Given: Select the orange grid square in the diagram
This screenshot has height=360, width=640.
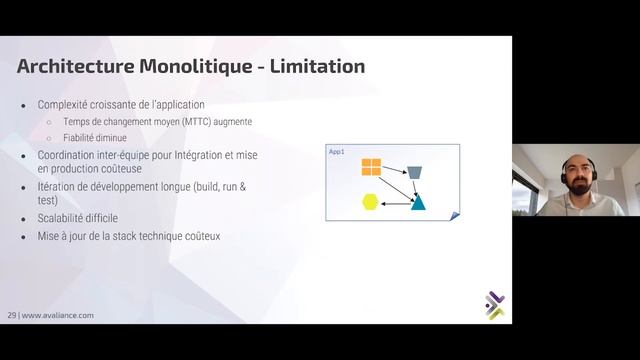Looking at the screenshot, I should [371, 167].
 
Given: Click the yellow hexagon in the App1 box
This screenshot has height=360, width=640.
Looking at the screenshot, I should [371, 202].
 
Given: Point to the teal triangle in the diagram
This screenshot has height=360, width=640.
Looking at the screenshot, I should [418, 202].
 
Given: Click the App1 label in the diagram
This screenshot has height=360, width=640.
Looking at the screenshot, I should [337, 151].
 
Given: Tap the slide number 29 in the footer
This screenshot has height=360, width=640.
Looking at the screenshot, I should [13, 314].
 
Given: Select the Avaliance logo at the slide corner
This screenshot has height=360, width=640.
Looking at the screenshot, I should [493, 305].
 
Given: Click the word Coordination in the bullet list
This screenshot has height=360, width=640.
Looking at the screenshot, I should [71, 154].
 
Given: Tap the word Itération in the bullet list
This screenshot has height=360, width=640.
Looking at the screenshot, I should [59, 186].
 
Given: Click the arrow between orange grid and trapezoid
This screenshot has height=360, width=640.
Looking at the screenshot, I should [394, 166].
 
